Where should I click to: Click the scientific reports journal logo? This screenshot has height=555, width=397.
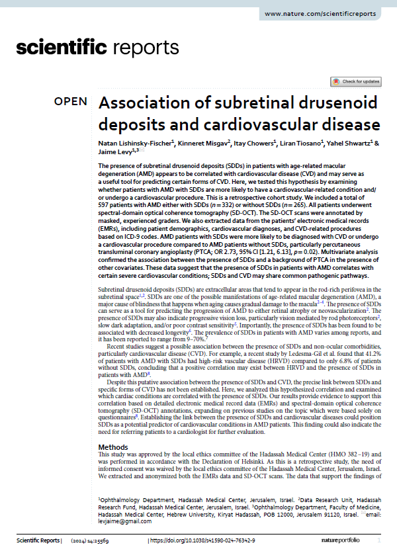click(97, 48)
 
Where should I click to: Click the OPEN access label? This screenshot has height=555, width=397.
click(70, 101)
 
